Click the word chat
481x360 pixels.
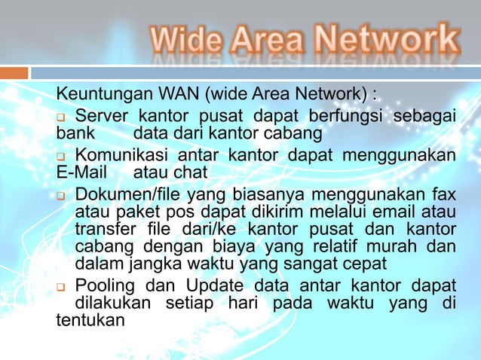point(190,172)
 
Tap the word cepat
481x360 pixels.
point(361,264)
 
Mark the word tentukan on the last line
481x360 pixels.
point(90,320)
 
